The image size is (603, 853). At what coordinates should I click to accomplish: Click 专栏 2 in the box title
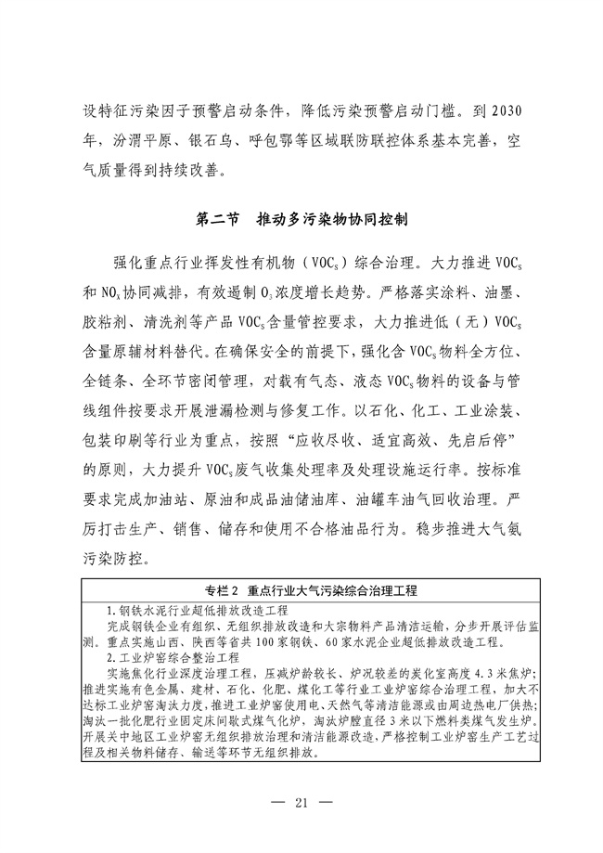point(223,591)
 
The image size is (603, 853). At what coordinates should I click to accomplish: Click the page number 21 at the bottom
point(301,802)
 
